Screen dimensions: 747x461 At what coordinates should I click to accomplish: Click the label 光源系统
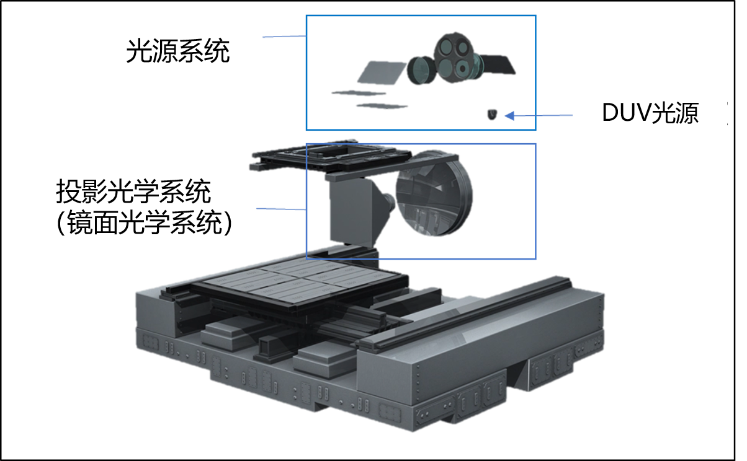[177, 51]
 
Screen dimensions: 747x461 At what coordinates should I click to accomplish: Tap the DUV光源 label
[650, 113]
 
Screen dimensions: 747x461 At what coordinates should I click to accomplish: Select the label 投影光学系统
[133, 191]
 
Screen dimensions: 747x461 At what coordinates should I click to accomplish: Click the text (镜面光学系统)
[144, 223]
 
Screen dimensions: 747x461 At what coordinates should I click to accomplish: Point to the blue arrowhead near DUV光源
[509, 116]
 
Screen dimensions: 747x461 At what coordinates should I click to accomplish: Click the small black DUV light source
[492, 114]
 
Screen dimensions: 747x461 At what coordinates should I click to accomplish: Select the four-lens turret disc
[455, 57]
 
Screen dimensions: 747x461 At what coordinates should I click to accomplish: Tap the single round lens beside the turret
[421, 70]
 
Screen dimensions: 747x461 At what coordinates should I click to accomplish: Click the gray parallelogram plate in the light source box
[382, 72]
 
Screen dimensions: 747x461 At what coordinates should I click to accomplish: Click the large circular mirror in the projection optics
[434, 193]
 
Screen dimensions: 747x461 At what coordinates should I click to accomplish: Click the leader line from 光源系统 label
[284, 37]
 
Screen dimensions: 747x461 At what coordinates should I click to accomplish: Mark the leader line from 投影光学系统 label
[281, 209]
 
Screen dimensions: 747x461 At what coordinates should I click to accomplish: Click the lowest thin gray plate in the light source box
[382, 106]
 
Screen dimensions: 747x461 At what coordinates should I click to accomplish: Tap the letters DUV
[626, 113]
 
